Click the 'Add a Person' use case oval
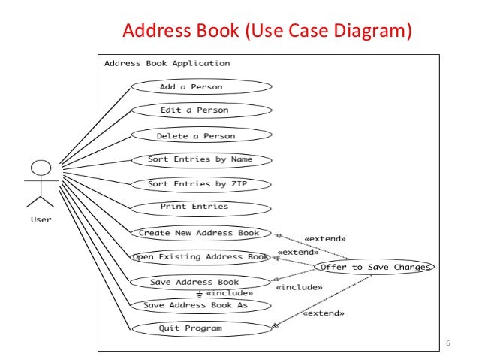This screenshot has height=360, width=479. point(200,87)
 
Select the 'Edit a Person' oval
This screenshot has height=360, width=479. point(200,110)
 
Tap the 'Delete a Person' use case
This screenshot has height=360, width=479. point(200,136)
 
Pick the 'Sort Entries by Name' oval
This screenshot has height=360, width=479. point(200,159)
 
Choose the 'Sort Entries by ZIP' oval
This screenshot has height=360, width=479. point(200,183)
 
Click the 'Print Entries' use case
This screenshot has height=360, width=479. point(200,207)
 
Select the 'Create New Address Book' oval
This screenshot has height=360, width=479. point(200,233)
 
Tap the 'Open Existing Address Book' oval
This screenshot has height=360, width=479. point(200,257)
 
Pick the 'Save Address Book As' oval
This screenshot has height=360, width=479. point(197,305)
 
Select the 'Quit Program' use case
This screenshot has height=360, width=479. point(200,328)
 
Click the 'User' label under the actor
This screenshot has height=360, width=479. point(41,220)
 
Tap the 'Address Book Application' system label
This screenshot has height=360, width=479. point(167,63)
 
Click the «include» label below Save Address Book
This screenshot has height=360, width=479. point(229,293)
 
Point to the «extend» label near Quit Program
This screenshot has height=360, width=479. point(324,313)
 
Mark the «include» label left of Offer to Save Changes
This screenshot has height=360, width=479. point(299,286)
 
